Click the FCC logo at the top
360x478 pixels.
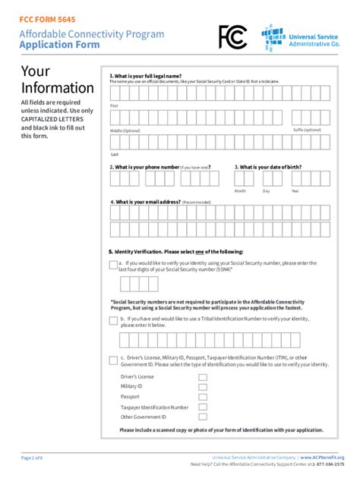pos(233,36)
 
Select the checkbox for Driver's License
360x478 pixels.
pos(203,377)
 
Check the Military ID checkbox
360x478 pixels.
pos(203,387)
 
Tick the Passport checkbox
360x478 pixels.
pos(203,397)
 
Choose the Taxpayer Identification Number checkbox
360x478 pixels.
pos(203,407)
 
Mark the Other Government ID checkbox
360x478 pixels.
pos(203,417)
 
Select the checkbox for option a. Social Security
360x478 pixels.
pos(113,265)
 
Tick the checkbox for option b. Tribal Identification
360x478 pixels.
pos(113,321)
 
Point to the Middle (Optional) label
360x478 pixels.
pos(125,131)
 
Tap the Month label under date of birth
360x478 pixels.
pos(240,191)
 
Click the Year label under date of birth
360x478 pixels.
pos(295,191)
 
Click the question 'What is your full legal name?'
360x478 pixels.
pos(145,76)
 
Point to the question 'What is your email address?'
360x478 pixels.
pos(148,203)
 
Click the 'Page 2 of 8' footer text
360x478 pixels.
pos(33,458)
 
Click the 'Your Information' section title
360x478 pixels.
pos(57,80)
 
